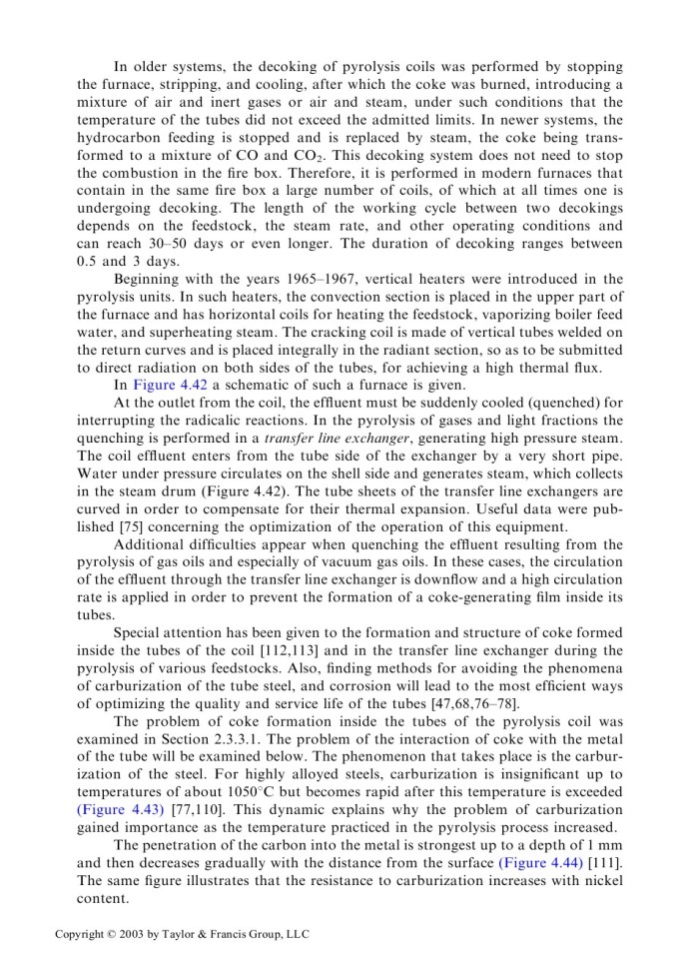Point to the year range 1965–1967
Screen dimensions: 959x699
tap(297, 279)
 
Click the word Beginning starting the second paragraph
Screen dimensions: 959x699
tap(152, 279)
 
